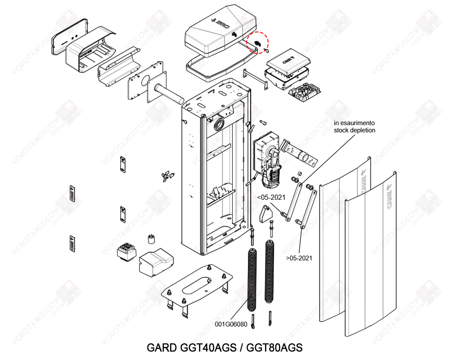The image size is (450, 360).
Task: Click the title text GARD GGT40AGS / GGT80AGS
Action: (x=225, y=348)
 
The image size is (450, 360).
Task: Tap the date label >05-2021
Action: (x=299, y=258)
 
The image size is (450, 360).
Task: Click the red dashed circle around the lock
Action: (x=258, y=43)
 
